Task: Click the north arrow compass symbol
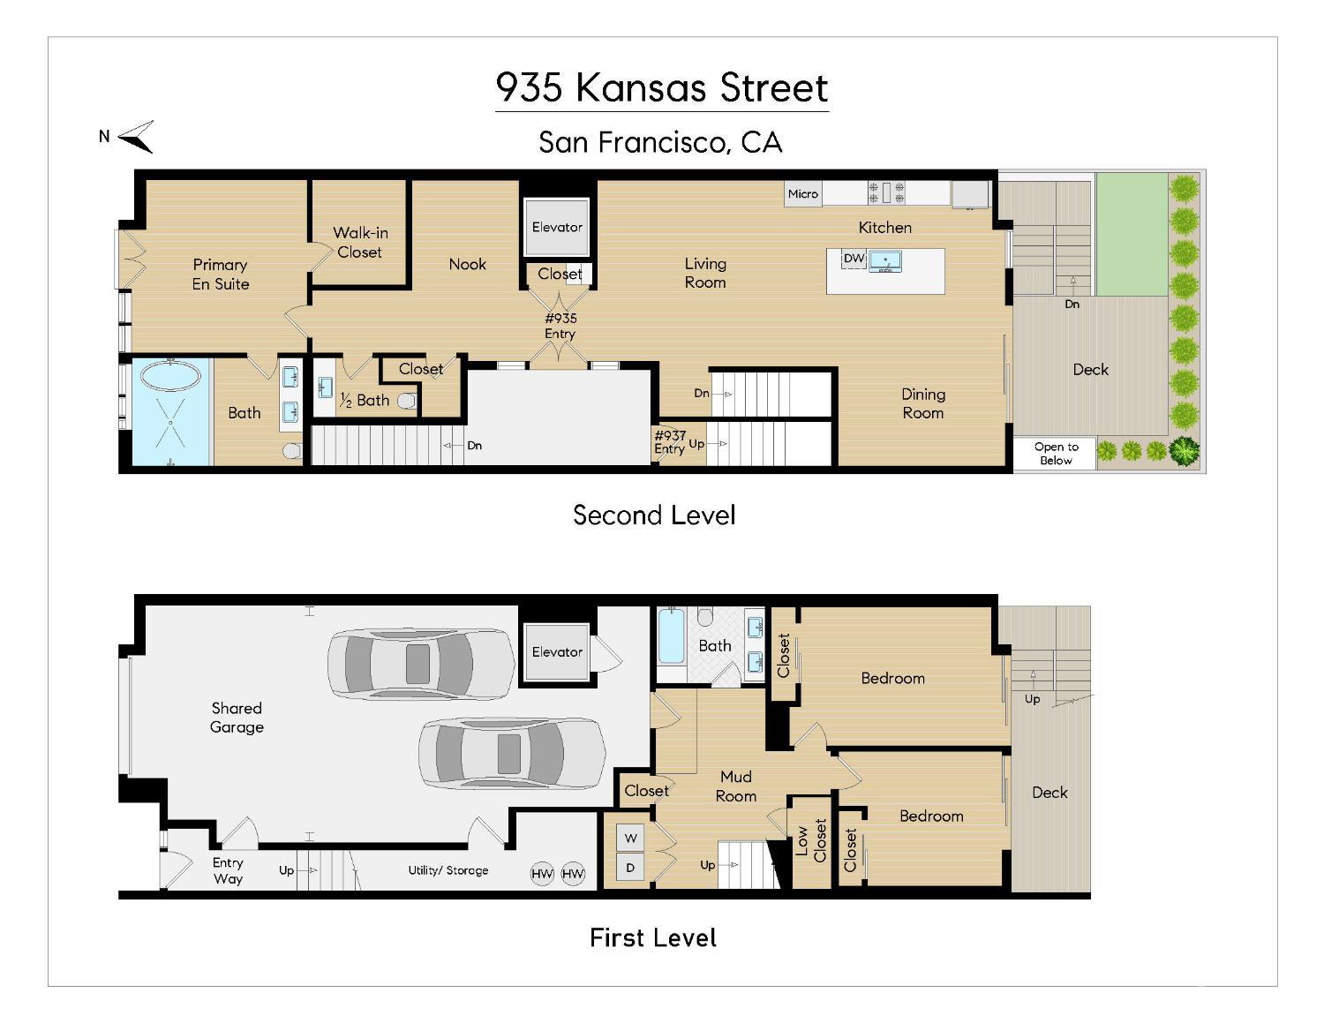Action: (x=137, y=137)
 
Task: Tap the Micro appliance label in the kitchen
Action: (x=802, y=194)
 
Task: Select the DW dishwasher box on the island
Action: (x=854, y=259)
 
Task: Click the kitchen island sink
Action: (x=884, y=260)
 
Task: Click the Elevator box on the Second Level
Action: (x=557, y=227)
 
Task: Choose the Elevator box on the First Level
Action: (x=557, y=652)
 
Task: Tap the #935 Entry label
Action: (x=560, y=326)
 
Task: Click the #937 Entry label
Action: (x=670, y=442)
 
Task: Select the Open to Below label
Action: (x=1056, y=454)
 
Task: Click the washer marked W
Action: (x=630, y=839)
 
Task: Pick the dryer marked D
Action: (x=630, y=868)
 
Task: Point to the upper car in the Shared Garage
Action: (x=421, y=664)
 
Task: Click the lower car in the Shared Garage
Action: (x=512, y=754)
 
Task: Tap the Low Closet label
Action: (x=811, y=841)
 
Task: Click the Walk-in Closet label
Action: (x=360, y=243)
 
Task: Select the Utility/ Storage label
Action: (x=448, y=870)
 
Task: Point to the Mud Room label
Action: (x=736, y=786)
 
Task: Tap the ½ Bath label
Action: (x=365, y=401)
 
